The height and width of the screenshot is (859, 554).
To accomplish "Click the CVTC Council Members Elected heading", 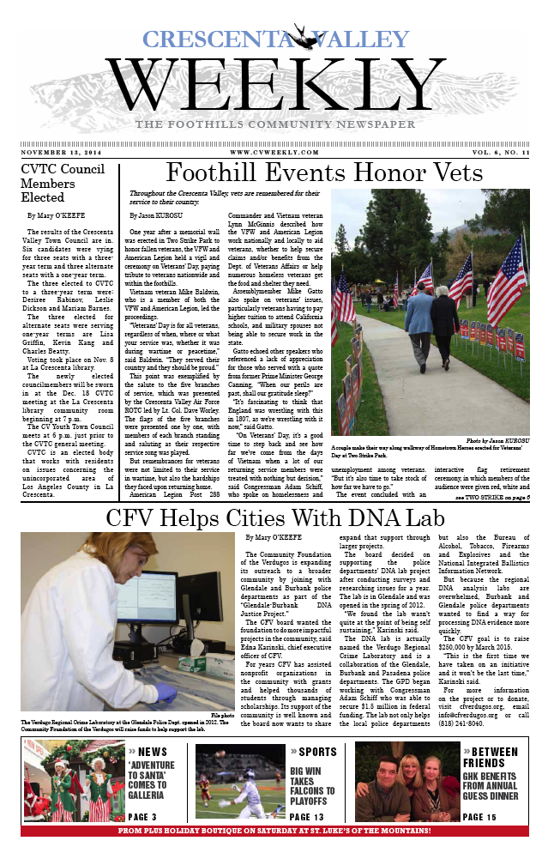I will tap(53, 183).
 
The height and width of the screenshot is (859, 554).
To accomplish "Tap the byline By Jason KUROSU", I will tap(158, 215).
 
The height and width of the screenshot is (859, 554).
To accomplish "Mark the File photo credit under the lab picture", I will tap(221, 713).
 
